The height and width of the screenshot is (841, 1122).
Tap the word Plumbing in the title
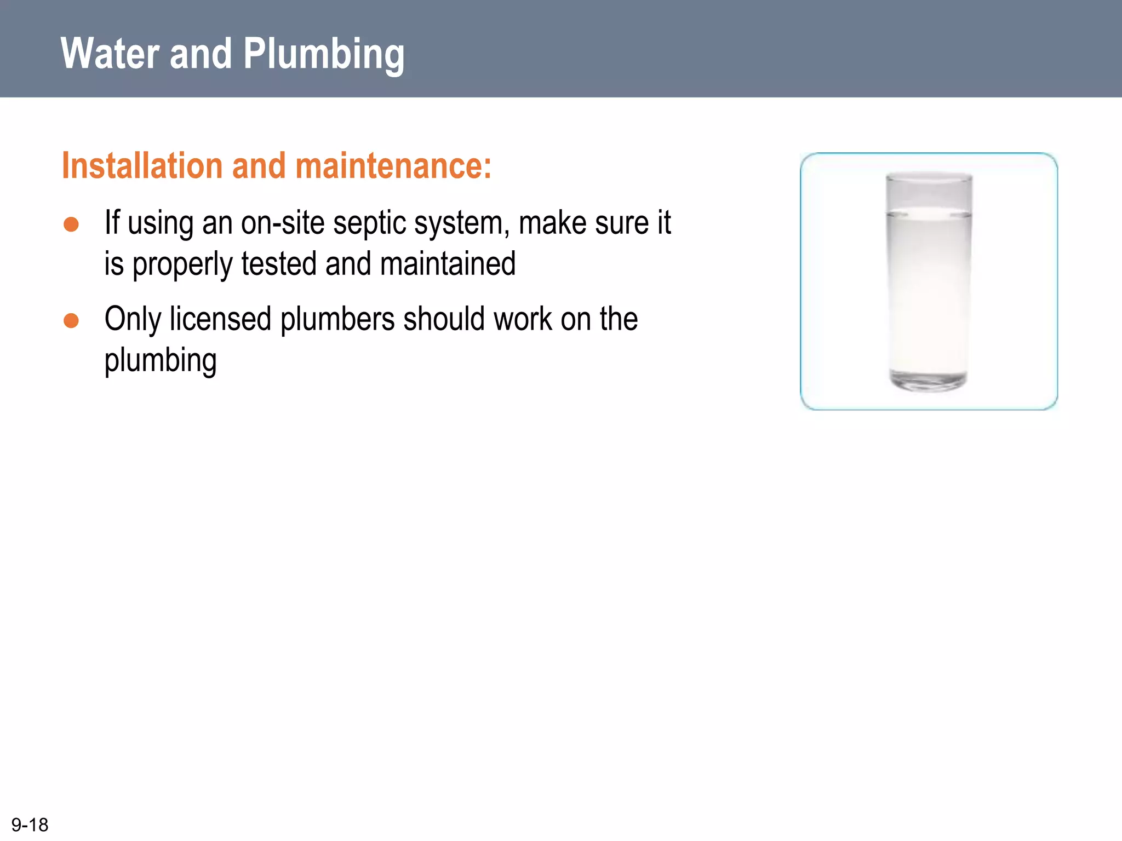coord(323,55)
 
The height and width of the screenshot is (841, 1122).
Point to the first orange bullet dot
coord(71,224)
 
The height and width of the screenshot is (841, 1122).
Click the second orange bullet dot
coord(71,320)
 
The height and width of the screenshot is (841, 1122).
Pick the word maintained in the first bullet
coord(448,264)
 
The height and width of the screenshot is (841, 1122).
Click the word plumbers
coord(337,319)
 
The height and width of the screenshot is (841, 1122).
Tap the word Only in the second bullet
coord(133,320)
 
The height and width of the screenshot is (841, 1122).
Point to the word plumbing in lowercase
coord(161,361)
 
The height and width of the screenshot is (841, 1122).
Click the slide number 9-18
coord(30,825)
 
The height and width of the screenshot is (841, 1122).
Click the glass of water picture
coord(929,281)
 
